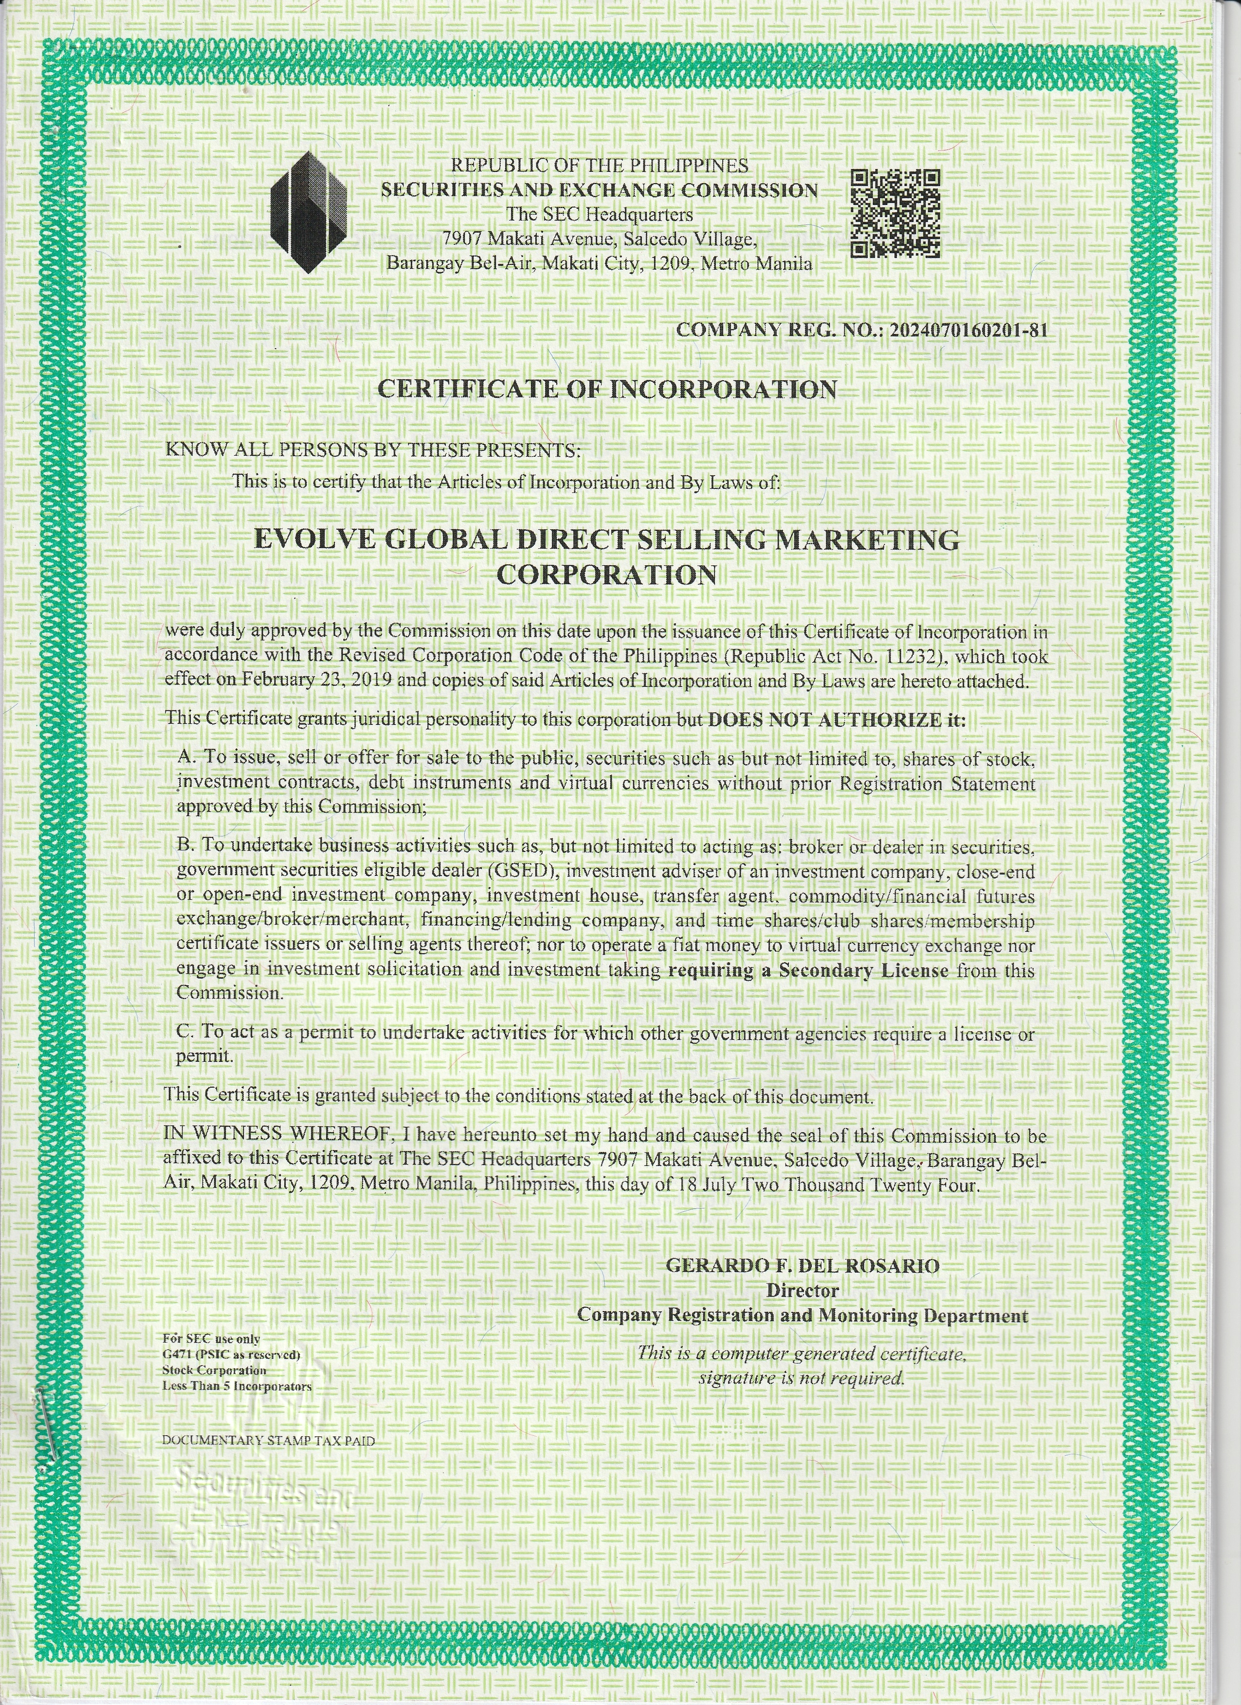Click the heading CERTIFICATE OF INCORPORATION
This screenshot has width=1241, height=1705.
(x=606, y=389)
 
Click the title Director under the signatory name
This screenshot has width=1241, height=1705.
(x=802, y=1290)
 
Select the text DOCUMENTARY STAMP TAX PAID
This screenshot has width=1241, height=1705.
(x=268, y=1441)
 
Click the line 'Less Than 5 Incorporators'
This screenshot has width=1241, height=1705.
(x=237, y=1386)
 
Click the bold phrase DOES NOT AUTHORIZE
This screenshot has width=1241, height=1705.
(x=823, y=720)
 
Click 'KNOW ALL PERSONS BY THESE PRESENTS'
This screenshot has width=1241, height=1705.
(x=372, y=450)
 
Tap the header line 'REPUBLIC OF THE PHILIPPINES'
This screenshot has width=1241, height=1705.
(x=599, y=165)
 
